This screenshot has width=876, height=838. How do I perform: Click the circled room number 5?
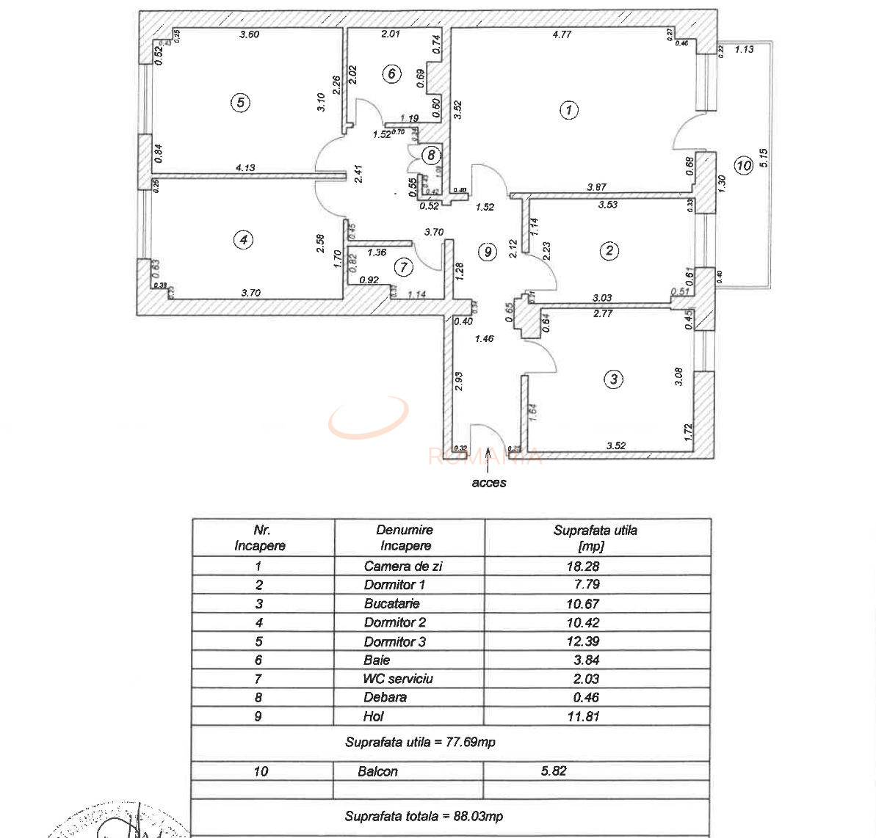pos(240,103)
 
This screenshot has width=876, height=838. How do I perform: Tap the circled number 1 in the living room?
pos(569,110)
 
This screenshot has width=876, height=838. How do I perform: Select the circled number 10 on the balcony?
pos(744,165)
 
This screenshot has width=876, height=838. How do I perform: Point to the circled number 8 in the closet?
pos(431,155)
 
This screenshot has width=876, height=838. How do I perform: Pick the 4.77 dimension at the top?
pos(562,34)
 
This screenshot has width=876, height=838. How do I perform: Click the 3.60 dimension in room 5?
pos(250,34)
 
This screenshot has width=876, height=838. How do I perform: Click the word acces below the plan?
pos(489,482)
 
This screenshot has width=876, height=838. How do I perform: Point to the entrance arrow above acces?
pos(488,460)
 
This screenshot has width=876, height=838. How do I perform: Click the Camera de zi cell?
pos(403,566)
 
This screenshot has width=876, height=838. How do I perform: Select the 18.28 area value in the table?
pos(583,566)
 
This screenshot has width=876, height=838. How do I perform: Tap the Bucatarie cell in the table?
pos(392,603)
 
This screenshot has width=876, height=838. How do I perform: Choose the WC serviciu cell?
pos(398,679)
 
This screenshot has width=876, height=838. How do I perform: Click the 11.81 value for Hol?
pos(583,716)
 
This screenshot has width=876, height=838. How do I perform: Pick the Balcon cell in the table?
pos(377,771)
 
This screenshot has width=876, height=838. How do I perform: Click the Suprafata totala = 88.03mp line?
pos(424,816)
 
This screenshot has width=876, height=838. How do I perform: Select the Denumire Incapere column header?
pos(405,537)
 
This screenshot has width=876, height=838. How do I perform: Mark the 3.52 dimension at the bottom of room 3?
pos(615,445)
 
